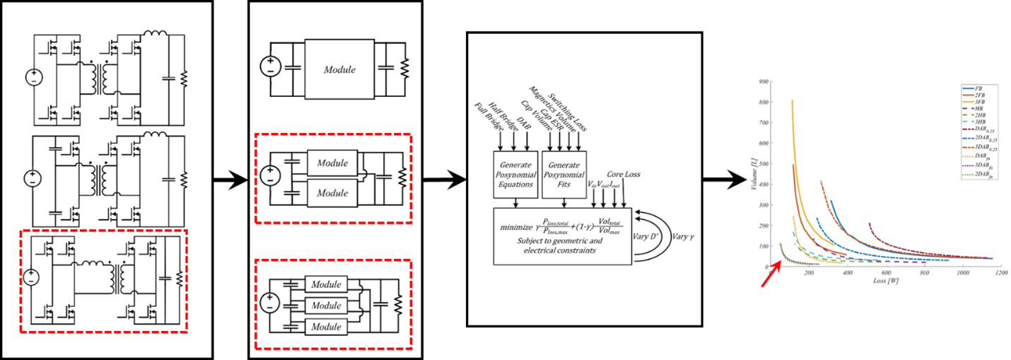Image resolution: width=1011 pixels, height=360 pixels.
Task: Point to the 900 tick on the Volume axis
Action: [x=764, y=82]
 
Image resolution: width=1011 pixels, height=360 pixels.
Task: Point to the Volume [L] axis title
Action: [x=755, y=174]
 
